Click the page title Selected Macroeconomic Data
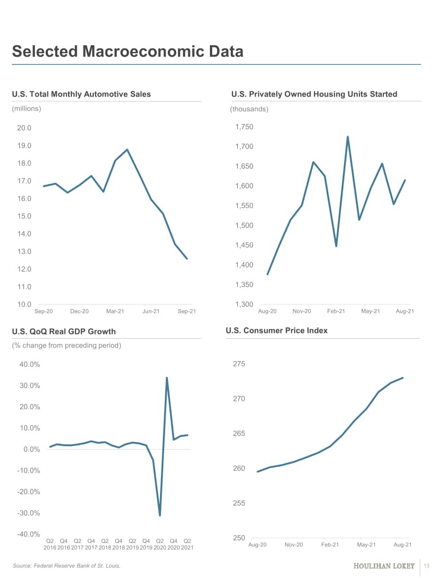tap(128, 51)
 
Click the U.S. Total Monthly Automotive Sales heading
tap(81, 94)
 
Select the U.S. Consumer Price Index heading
tap(276, 331)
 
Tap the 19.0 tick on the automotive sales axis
tap(24, 146)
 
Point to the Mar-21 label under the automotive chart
tap(115, 311)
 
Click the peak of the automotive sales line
tap(128, 150)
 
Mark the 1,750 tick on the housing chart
tap(244, 127)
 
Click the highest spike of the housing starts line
tap(348, 137)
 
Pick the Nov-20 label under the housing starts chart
tap(302, 311)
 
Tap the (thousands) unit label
tap(249, 109)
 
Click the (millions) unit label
tap(26, 108)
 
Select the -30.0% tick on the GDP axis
tap(28, 513)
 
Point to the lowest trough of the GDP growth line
tap(160, 515)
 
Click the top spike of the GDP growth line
tap(167, 378)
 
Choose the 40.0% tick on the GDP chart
tap(30, 365)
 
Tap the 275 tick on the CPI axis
tap(239, 364)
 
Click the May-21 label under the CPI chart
tap(366, 545)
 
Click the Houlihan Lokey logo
tap(384, 566)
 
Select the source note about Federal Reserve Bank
tap(66, 566)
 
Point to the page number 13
tap(426, 566)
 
